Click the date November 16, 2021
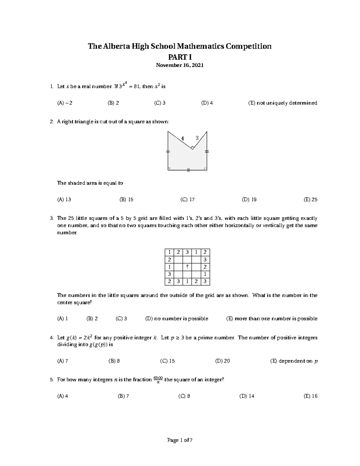tap(180, 65)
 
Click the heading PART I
tap(180, 57)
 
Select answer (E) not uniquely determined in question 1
tap(282, 103)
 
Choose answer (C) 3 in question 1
tap(160, 103)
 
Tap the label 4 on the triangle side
tap(182, 138)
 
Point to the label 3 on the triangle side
tap(197, 138)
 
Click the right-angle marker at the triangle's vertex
tap(192, 147)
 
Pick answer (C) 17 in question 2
tap(187, 200)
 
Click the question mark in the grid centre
tap(187, 267)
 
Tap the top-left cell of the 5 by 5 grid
tap(169, 252)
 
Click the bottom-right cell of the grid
tap(205, 281)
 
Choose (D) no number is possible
tap(177, 318)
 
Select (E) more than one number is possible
tap(271, 318)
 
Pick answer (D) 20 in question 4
tap(222, 361)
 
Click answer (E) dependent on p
tap(294, 361)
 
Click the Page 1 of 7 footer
tap(180, 440)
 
